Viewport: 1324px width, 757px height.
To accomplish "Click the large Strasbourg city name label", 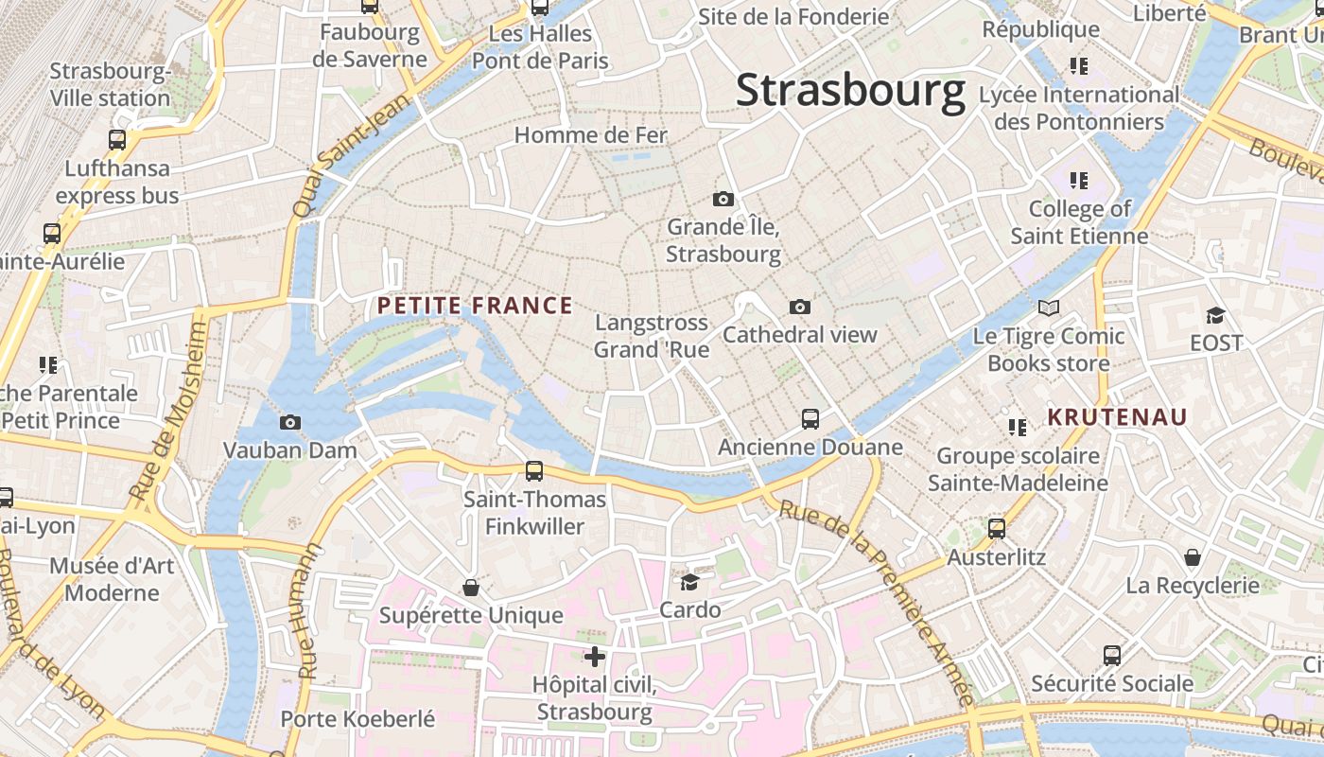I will (850, 91).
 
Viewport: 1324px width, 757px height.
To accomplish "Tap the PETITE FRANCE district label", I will (475, 306).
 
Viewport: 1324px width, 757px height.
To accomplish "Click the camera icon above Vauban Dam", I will (290, 422).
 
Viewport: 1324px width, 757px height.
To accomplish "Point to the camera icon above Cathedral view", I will (800, 307).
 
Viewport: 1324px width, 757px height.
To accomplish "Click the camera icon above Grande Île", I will (723, 199).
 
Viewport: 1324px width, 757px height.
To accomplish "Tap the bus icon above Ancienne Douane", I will (810, 418).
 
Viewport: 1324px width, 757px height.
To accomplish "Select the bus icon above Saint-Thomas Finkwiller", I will (534, 470).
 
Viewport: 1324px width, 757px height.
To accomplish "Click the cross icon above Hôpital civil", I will (595, 656).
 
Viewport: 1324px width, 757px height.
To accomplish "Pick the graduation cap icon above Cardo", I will (690, 582).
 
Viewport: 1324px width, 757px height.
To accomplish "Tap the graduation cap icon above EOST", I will (1215, 315).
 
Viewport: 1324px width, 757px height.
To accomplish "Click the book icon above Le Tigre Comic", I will (1049, 308).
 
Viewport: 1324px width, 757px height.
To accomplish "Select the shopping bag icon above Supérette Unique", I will (471, 588).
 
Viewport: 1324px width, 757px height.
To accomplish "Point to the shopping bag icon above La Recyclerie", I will (1193, 557).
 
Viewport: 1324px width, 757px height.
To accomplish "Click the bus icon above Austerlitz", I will (997, 529).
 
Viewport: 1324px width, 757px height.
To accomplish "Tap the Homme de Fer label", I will (591, 135).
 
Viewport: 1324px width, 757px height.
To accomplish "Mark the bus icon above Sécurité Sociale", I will (1112, 655).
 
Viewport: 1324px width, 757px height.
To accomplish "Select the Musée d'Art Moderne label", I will (113, 579).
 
